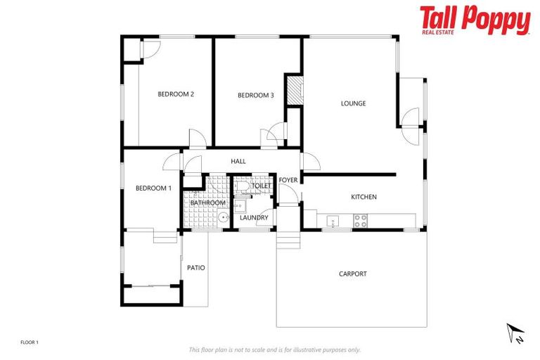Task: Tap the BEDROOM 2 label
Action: [x=176, y=94]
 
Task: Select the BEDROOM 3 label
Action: [x=255, y=95]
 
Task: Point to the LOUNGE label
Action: [x=353, y=103]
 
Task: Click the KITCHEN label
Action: [x=364, y=197]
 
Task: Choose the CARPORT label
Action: [x=352, y=274]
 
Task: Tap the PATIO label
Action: [x=196, y=267]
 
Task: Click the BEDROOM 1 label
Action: [x=153, y=188]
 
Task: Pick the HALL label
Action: [x=238, y=162]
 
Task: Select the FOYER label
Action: [x=288, y=180]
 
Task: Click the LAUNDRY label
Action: [x=254, y=217]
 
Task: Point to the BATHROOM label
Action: [x=207, y=202]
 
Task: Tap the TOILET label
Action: [x=261, y=186]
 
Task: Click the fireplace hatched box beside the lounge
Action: [x=294, y=91]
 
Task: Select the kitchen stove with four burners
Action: [x=360, y=219]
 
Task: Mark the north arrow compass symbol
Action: [x=516, y=333]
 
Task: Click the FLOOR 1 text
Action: [x=30, y=342]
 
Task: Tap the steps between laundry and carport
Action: [x=287, y=240]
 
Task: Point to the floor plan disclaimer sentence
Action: [x=274, y=349]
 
